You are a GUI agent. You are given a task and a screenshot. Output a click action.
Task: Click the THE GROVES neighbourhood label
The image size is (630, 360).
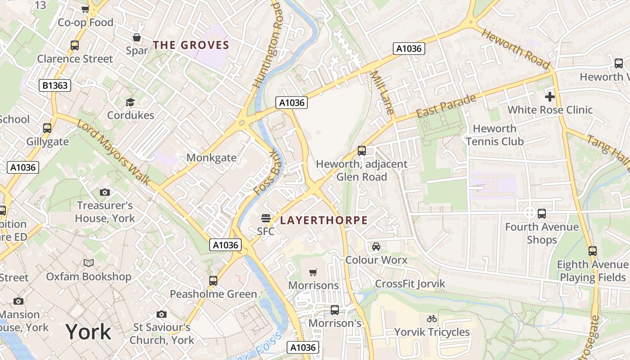coord(191,45)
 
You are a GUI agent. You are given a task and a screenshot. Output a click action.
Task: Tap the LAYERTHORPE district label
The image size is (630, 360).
coord(324,220)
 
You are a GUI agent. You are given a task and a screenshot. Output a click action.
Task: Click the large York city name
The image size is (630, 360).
coord(88,332)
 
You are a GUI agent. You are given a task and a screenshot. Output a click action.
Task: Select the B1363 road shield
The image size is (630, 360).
coord(55,85)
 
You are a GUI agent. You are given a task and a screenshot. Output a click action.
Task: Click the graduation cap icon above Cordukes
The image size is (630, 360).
coord(130,103)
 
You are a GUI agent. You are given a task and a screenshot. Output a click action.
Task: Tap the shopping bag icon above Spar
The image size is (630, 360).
coord(136,37)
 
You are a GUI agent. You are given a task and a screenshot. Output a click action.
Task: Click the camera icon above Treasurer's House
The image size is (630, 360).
coord(104,193)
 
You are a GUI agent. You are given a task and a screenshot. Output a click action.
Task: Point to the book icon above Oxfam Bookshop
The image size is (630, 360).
coord(89,263)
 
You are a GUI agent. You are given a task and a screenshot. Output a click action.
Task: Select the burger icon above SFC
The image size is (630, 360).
coord(265,218)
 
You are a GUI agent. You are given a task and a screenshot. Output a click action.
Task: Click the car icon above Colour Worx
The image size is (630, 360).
coord(376,247)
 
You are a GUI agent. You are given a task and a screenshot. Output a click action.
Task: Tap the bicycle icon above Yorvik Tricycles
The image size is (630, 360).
coord(432,319)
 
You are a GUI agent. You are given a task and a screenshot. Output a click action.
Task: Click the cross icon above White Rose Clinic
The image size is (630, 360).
coord(549,96)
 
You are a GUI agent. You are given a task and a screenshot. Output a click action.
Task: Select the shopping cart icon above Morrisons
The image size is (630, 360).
coord(313,272)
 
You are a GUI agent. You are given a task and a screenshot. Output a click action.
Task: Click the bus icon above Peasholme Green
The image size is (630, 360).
coord(213,281)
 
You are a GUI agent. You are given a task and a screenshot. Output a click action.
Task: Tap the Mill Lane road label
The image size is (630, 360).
coord(382,92)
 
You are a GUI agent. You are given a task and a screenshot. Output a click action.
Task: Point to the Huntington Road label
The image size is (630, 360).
coord(267,45)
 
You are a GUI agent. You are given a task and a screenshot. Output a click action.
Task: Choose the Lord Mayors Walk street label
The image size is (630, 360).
coord(113,153)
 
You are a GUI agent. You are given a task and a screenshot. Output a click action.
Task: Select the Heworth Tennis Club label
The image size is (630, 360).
coord(495,135)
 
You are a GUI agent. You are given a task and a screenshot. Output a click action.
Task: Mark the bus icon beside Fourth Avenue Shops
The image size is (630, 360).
coord(542,214)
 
